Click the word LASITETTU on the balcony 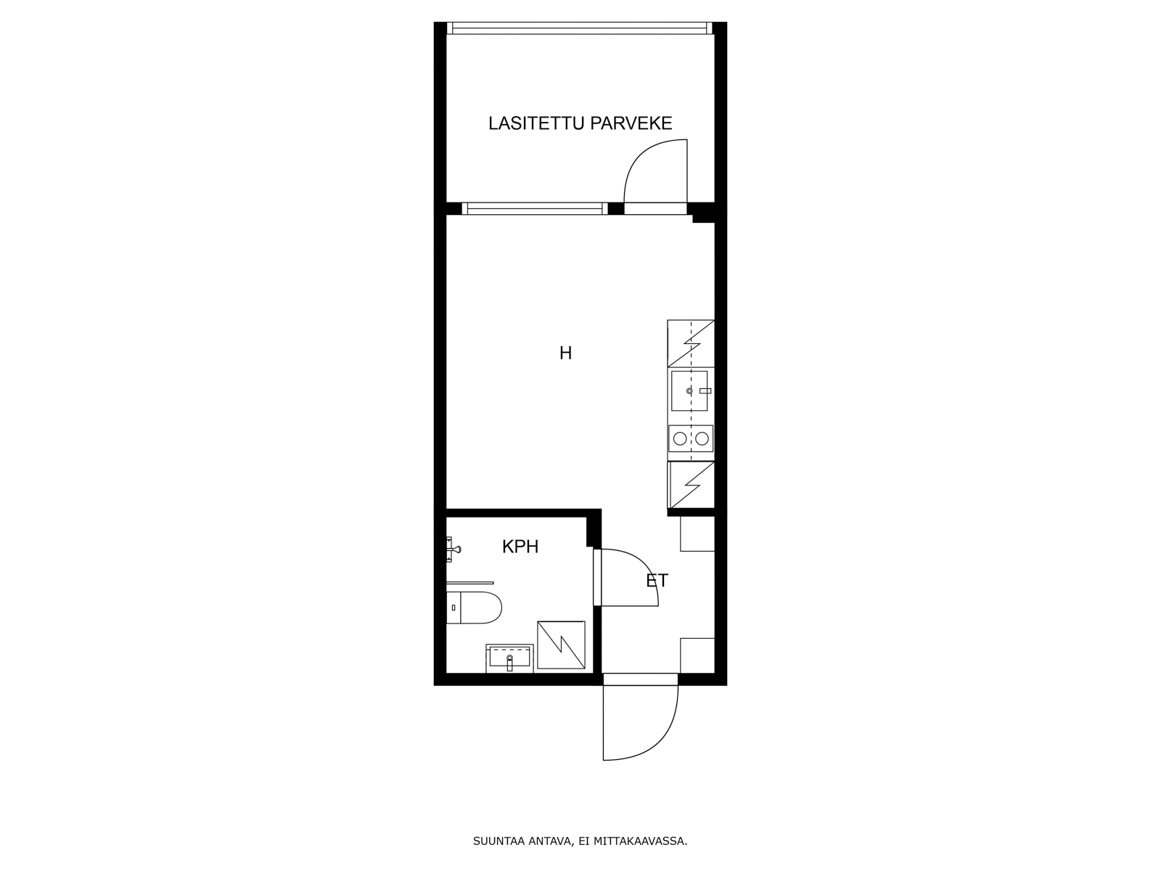[x=536, y=123]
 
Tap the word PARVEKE [x=631, y=123]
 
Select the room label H [x=565, y=353]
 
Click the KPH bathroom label [x=520, y=547]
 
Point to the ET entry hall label [x=657, y=581]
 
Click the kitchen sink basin [x=689, y=390]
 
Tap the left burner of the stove [x=680, y=438]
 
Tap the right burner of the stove [x=702, y=438]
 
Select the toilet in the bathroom [x=473, y=608]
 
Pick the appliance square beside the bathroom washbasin [x=561, y=645]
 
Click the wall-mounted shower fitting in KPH [x=453, y=549]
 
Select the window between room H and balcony [x=535, y=208]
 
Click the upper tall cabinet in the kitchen [x=691, y=343]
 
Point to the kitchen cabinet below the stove [x=692, y=485]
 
